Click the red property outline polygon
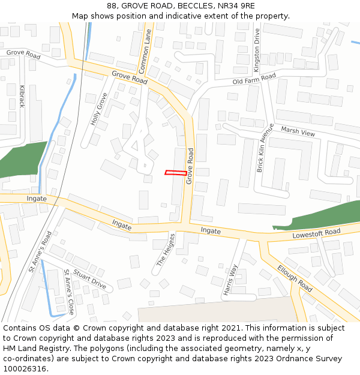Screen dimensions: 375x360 [175, 173]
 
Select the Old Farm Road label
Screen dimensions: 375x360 [254, 79]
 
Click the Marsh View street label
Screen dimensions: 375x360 [298, 131]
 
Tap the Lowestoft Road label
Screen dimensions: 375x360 [316, 233]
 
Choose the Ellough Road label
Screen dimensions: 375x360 [295, 278]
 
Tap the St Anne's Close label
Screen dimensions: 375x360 [69, 292]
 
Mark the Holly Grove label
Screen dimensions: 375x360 [99, 109]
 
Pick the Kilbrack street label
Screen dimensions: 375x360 [23, 96]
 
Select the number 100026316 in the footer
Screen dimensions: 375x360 [24, 369]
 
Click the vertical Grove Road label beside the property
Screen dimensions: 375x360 [190, 166]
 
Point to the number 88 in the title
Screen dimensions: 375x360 [112, 6]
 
